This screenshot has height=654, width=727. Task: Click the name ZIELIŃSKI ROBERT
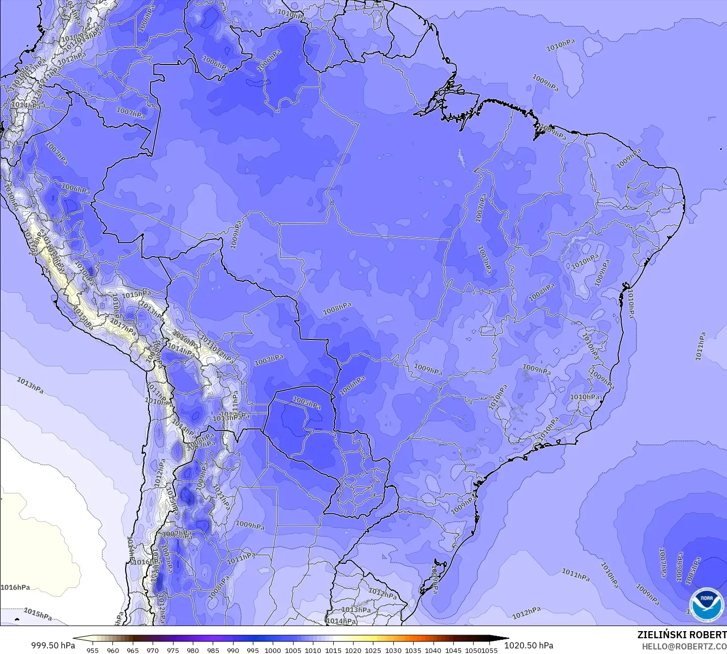[682, 635]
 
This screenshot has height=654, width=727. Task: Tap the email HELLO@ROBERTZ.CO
[684, 646]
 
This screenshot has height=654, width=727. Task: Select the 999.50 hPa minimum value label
[53, 645]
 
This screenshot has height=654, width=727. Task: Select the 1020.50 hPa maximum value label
[529, 645]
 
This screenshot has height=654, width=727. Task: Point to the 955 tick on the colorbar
[93, 650]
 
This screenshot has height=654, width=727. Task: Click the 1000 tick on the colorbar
[273, 650]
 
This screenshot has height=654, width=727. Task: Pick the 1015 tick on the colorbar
[333, 650]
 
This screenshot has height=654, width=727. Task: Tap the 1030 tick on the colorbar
[393, 650]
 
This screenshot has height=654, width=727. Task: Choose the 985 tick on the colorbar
[213, 650]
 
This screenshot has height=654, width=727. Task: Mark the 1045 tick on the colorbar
[453, 650]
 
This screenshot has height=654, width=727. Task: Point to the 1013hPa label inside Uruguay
[356, 610]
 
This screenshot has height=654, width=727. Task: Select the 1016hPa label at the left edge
[15, 587]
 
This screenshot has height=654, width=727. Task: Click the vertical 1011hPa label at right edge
[701, 347]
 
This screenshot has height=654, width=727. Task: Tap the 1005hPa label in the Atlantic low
[693, 570]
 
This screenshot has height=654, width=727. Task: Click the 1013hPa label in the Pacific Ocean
[30, 385]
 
